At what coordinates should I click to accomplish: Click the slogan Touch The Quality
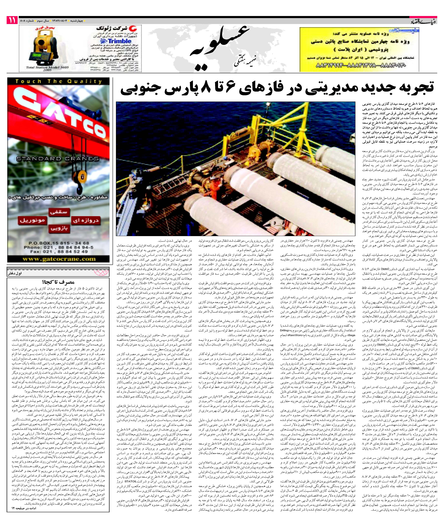(x=58, y=81)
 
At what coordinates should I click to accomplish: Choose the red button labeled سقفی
(x=59, y=212)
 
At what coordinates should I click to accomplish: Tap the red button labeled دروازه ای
(x=86, y=221)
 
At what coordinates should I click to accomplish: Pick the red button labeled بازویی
(x=59, y=228)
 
